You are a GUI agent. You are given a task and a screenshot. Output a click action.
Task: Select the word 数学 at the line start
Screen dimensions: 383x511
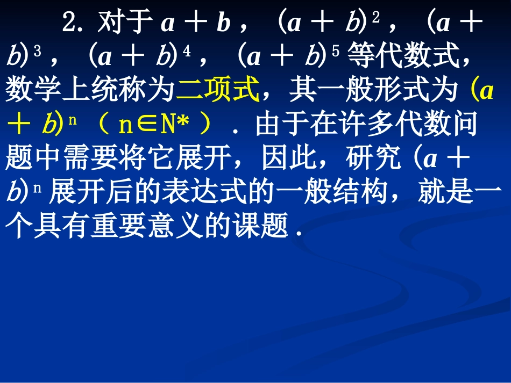click(x=27, y=91)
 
